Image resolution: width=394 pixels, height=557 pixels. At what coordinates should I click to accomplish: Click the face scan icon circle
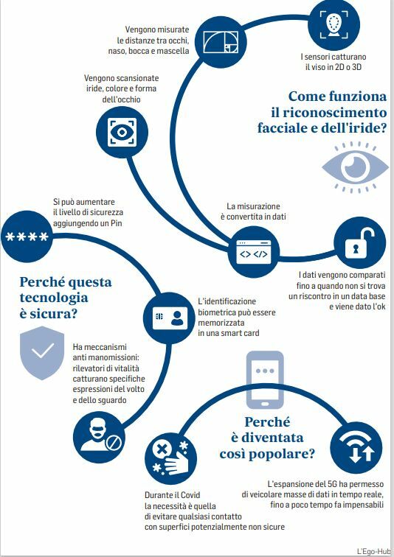click(x=333, y=24)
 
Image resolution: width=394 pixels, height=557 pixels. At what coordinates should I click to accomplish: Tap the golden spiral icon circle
click(x=221, y=42)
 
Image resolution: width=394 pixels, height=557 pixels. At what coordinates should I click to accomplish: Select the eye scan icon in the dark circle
click(x=122, y=132)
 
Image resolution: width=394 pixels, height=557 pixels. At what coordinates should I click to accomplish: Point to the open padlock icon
click(x=360, y=242)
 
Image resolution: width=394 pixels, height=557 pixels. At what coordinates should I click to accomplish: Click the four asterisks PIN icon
click(x=27, y=237)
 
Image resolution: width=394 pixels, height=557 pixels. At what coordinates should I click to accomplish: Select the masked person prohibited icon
click(x=99, y=438)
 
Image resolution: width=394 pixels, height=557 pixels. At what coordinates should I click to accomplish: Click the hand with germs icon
click(x=170, y=458)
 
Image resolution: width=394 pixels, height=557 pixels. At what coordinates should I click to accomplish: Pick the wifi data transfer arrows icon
click(x=356, y=448)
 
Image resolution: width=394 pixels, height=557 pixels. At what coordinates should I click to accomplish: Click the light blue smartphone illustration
click(x=265, y=379)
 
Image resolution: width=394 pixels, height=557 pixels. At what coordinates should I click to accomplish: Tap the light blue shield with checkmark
click(x=42, y=353)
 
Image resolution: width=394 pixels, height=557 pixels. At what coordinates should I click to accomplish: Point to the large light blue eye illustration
click(x=355, y=167)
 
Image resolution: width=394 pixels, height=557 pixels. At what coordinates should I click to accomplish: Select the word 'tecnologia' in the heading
click(x=54, y=298)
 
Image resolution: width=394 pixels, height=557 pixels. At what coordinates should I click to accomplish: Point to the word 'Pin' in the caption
click(x=117, y=223)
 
